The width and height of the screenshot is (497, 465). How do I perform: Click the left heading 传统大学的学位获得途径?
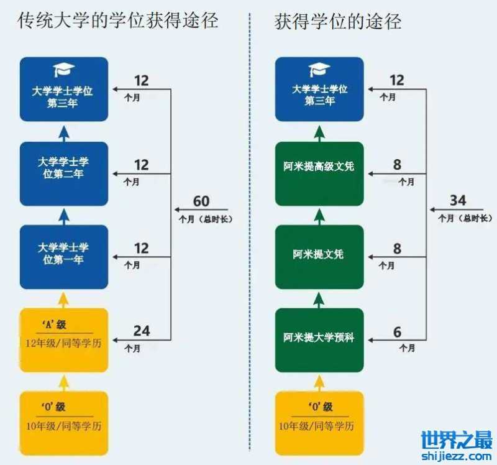pyautogui.click(x=118, y=21)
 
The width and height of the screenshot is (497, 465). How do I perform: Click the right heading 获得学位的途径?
pyautogui.click(x=338, y=21)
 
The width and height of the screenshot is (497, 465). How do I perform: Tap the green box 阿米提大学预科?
pyautogui.click(x=319, y=338)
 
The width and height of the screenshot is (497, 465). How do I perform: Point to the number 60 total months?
pyautogui.click(x=201, y=201)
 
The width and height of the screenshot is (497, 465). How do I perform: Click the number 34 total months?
pyautogui.click(x=458, y=201)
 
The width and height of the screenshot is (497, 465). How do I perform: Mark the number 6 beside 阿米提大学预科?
pyautogui.click(x=398, y=333)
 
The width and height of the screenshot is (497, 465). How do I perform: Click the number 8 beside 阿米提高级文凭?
pyautogui.click(x=398, y=165)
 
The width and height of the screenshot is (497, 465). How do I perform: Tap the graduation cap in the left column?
pyautogui.click(x=63, y=70)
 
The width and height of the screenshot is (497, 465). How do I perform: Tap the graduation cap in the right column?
pyautogui.click(x=319, y=70)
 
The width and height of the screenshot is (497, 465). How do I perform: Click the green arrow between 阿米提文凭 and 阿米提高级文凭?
pyautogui.click(x=319, y=215)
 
